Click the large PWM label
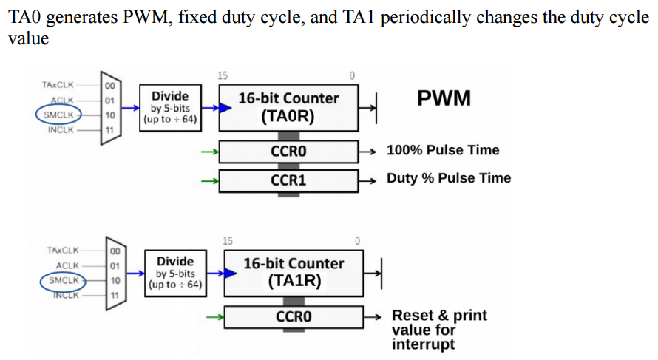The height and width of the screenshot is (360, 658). click(444, 99)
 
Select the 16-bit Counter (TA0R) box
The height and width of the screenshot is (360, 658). click(288, 108)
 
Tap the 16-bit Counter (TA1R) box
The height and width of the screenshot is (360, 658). click(294, 273)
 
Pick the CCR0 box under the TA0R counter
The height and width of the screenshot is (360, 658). click(288, 151)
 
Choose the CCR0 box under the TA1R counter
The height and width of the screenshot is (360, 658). click(294, 316)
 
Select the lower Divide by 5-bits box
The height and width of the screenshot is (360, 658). click(175, 272)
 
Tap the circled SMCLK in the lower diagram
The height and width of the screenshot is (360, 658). click(63, 280)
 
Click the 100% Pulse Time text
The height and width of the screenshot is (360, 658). click(443, 150)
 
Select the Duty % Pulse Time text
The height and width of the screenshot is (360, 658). click(448, 178)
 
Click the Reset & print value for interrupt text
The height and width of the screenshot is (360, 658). click(439, 330)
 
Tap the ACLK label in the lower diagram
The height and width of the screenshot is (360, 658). click(67, 265)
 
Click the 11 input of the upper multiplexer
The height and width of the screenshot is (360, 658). click(109, 130)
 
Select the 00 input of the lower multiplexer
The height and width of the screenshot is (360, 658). click(115, 251)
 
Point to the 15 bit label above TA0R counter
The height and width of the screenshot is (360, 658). click(223, 75)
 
